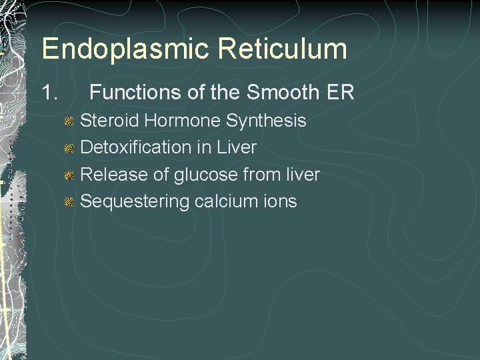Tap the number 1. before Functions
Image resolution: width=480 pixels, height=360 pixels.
[x=51, y=93]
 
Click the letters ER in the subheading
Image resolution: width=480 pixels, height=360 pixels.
[x=339, y=93]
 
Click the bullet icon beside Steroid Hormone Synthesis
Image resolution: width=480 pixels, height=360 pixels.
[x=69, y=121]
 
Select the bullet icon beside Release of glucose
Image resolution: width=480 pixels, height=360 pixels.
[x=69, y=175]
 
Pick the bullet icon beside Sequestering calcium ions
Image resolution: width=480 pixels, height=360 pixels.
[x=69, y=202]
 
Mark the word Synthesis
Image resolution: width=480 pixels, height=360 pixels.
[x=267, y=121]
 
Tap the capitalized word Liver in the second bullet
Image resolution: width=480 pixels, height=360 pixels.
[x=238, y=147]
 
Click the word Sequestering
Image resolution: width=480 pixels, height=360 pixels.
[x=135, y=202]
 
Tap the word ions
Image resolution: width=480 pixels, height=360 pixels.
[x=279, y=201]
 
